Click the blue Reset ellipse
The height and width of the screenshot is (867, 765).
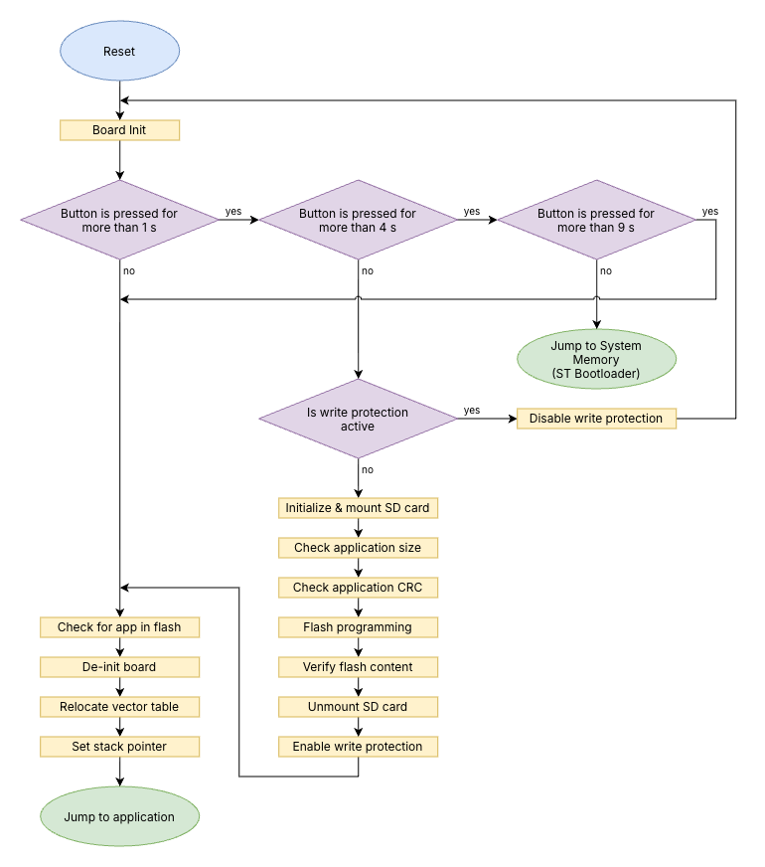(119, 51)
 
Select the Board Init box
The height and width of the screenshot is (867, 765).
(119, 130)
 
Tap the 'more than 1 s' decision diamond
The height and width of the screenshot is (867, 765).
(119, 220)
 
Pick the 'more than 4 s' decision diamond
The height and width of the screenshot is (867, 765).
(358, 220)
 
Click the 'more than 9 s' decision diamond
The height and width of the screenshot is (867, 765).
(596, 220)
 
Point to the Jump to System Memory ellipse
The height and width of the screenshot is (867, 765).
(596, 359)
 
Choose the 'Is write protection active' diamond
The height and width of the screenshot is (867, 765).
(358, 419)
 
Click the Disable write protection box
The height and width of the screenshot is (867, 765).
(596, 419)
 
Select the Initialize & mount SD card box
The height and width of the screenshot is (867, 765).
(358, 508)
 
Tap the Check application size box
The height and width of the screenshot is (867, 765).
(358, 548)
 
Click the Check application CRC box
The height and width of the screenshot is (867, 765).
(358, 588)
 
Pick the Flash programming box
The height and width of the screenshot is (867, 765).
(358, 627)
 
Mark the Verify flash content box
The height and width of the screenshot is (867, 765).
(358, 667)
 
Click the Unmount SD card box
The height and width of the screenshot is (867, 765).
(358, 707)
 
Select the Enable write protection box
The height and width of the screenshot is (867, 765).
(358, 747)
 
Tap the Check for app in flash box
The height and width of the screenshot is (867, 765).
(119, 627)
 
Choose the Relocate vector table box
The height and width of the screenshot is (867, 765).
(119, 707)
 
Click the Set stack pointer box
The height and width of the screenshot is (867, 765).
(119, 747)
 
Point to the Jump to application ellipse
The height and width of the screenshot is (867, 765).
(119, 816)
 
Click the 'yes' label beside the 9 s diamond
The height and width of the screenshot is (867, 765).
(710, 211)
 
